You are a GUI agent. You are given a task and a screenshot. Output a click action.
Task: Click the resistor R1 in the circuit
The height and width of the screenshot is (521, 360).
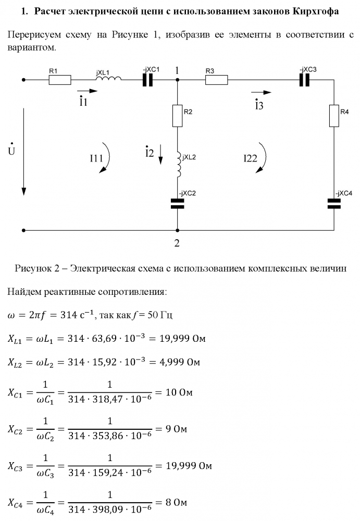tap(60, 80)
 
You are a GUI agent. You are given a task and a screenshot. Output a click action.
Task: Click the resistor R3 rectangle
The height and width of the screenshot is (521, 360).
tap(216, 80)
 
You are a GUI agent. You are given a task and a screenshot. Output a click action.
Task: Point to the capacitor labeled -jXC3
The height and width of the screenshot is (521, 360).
tap(305, 80)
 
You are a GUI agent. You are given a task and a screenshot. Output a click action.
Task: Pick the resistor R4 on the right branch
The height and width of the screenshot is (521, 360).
tap(333, 116)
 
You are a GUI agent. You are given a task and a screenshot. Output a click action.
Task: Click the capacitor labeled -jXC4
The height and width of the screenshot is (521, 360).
tap(333, 204)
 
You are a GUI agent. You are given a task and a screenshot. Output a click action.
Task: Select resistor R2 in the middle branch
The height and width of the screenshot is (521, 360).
tap(178, 116)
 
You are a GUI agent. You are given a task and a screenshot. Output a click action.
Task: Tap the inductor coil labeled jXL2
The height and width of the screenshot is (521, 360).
tap(179, 165)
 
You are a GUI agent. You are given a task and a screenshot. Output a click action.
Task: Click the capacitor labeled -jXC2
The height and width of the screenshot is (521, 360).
tap(178, 204)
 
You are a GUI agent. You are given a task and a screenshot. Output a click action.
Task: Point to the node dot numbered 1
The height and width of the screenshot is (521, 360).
tap(178, 80)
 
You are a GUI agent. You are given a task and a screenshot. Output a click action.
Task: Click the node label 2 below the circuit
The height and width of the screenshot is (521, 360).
tap(177, 242)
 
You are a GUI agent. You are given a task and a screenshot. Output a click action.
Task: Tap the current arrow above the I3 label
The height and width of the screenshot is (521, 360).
tap(264, 93)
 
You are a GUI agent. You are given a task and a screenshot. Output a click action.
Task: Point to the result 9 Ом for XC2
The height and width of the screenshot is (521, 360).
tap(173, 430)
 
